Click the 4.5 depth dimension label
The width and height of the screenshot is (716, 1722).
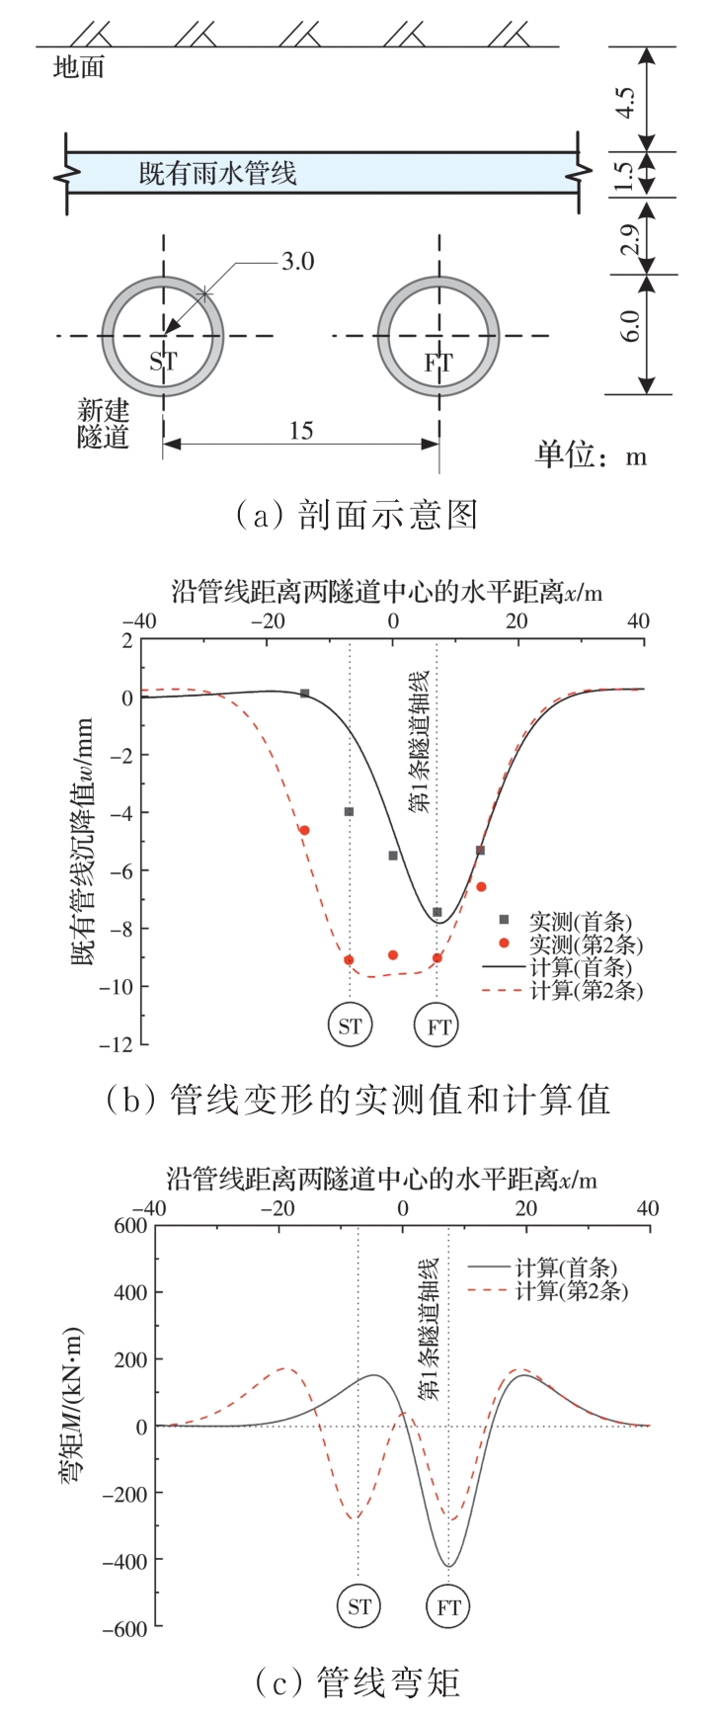(x=625, y=100)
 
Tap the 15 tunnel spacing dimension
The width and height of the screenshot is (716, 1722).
(x=300, y=430)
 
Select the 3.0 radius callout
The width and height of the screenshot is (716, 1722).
(x=297, y=262)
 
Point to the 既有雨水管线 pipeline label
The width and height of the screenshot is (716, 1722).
(x=217, y=175)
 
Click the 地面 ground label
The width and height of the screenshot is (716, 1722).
(x=78, y=67)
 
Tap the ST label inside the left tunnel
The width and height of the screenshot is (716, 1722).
(x=163, y=362)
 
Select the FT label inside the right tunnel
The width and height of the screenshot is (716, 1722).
(x=438, y=363)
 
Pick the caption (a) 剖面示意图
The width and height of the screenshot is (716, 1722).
(x=357, y=515)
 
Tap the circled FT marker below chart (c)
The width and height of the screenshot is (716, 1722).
(x=448, y=1607)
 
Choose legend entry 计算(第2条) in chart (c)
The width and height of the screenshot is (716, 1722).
(x=572, y=1290)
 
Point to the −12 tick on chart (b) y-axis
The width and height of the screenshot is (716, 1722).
(x=119, y=1044)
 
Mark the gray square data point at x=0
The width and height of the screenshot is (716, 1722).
(x=393, y=856)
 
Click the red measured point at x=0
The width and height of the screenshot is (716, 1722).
(x=393, y=955)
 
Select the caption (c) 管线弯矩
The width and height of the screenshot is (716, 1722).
(x=357, y=1681)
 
